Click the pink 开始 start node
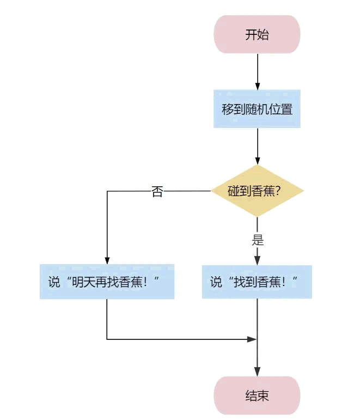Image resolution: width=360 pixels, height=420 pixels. (x=257, y=34)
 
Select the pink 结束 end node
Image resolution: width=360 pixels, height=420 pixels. (x=257, y=395)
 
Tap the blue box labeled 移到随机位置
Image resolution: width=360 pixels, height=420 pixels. (x=257, y=109)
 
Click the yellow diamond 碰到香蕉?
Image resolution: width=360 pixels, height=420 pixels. (x=258, y=191)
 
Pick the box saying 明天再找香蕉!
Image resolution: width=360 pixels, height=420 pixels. (x=107, y=282)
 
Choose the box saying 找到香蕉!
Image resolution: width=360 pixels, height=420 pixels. (x=257, y=282)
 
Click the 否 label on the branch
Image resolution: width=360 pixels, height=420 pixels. (x=157, y=192)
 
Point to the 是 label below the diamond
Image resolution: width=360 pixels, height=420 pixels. (x=258, y=240)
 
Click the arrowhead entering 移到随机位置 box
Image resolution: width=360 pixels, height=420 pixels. (x=258, y=86)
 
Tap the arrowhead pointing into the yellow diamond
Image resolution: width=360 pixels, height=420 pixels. (x=258, y=161)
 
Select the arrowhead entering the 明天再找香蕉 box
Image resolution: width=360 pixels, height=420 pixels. (x=107, y=260)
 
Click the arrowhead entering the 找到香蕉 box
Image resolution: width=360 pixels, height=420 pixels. (x=258, y=260)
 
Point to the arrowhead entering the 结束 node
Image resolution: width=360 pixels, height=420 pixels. (x=258, y=372)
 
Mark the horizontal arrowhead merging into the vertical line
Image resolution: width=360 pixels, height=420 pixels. (x=252, y=339)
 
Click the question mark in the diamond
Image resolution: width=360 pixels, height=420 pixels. (x=278, y=191)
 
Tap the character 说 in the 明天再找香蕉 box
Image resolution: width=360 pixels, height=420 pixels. (x=54, y=282)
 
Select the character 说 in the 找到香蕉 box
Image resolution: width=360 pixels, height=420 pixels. (x=216, y=282)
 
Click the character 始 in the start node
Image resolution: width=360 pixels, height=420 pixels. (x=263, y=34)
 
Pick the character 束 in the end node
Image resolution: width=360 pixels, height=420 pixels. (x=263, y=395)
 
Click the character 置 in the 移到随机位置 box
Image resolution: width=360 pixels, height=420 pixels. (x=286, y=109)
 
